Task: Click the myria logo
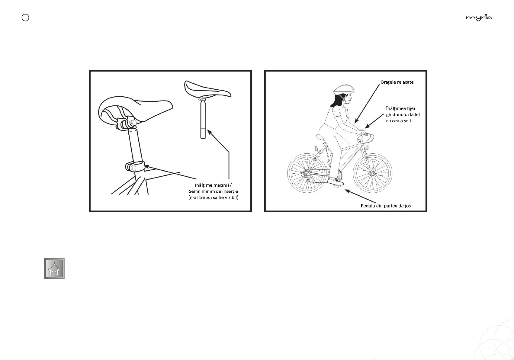(479, 18)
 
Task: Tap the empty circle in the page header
(25, 18)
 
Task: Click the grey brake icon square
(54, 268)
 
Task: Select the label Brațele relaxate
(397, 82)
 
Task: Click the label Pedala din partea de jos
(386, 206)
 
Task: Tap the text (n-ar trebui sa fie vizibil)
(214, 197)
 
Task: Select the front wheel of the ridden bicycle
(372, 173)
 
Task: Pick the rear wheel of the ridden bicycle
(307, 173)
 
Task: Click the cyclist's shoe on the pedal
(336, 182)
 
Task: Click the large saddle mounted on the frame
(135, 111)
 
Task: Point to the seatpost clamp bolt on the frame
(132, 168)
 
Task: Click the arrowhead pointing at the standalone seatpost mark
(210, 132)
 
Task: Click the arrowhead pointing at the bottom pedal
(347, 191)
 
